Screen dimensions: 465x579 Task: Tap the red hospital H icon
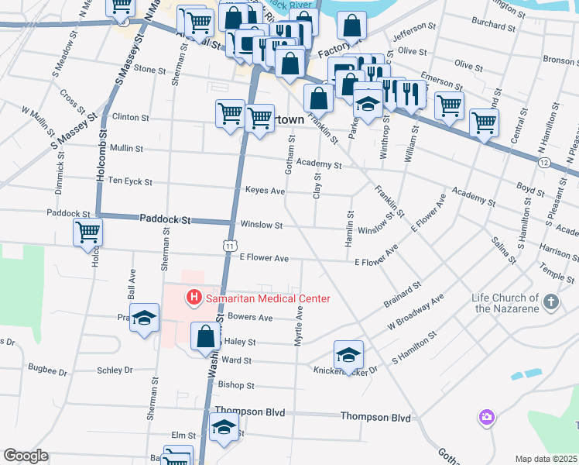click(193, 298)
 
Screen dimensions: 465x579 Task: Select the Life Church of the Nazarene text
click(506, 303)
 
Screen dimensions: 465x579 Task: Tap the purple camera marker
click(486, 418)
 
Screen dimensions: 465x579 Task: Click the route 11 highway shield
click(230, 245)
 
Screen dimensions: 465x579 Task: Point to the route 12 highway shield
click(544, 162)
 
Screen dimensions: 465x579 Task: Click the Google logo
click(25, 456)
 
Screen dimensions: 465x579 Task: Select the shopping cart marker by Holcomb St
click(88, 231)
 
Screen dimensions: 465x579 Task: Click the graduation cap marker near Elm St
click(224, 428)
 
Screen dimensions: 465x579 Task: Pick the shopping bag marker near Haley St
click(205, 336)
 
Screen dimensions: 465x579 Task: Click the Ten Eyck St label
click(130, 182)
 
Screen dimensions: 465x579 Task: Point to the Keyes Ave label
click(265, 191)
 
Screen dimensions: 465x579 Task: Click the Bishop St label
click(236, 384)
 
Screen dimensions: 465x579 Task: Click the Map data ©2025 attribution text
click(546, 459)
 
